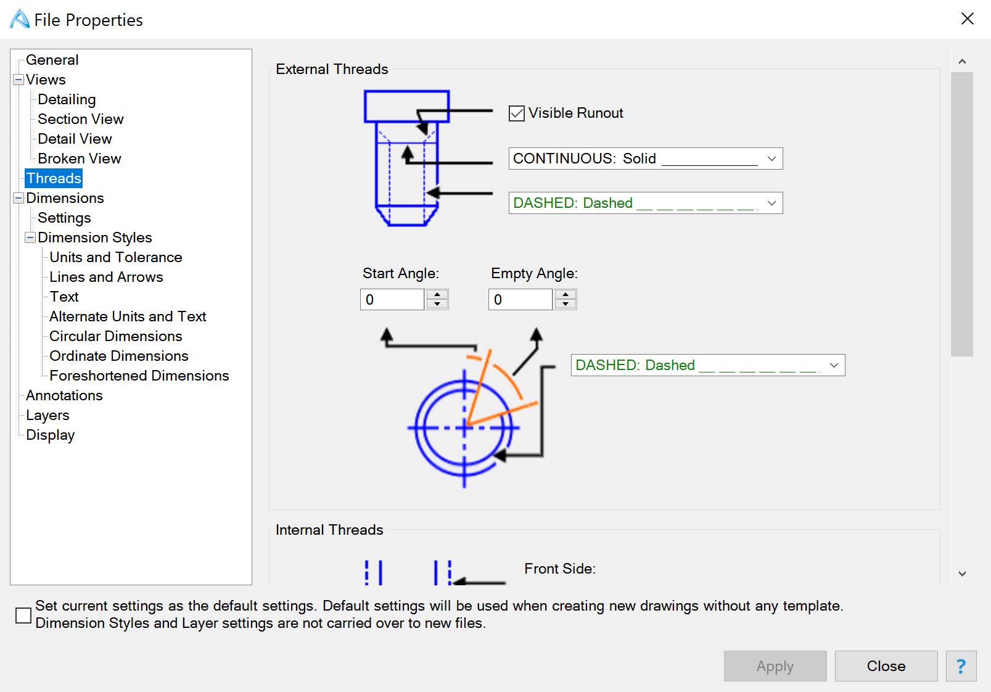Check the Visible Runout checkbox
tap(517, 113)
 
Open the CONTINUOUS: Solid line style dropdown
tap(645, 159)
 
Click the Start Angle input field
tap(392, 300)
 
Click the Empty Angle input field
tap(520, 300)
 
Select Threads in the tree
tap(54, 178)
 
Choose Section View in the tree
tap(80, 119)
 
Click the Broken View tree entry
tap(79, 159)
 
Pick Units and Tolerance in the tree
tap(115, 257)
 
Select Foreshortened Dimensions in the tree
tap(139, 376)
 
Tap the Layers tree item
tap(47, 415)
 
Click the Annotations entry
tap(64, 395)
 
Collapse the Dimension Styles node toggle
tap(30, 237)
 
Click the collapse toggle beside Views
tap(19, 80)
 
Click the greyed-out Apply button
tap(775, 666)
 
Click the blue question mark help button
tap(961, 666)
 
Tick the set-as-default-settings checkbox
tap(23, 615)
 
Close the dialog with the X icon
tap(967, 19)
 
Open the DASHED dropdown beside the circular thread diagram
tap(707, 365)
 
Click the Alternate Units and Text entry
tap(127, 316)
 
